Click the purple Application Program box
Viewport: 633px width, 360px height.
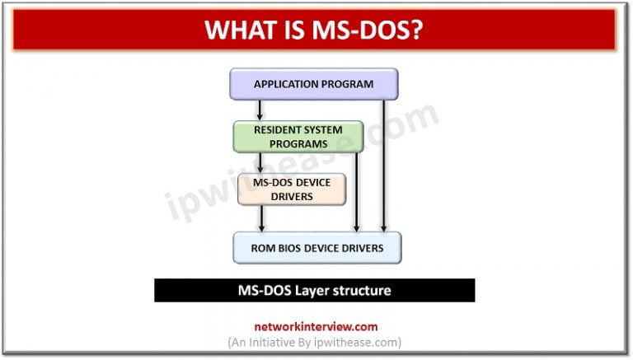(x=313, y=84)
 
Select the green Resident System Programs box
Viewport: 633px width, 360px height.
(x=298, y=137)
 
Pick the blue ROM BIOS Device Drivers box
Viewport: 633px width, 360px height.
(x=318, y=247)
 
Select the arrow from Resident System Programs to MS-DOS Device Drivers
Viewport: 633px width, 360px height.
(x=260, y=162)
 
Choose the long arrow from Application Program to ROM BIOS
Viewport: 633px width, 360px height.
(x=383, y=165)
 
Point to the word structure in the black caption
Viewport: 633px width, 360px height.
(x=364, y=290)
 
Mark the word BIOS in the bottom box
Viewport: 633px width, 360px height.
(x=298, y=247)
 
